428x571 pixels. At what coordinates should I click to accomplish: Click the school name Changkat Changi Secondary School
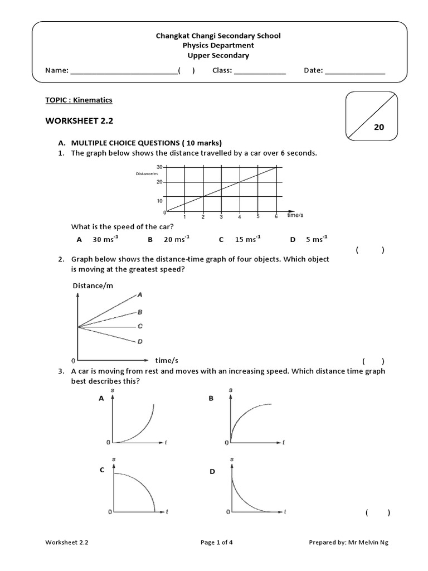coord(218,36)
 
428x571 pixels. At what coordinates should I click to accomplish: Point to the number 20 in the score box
coord(379,127)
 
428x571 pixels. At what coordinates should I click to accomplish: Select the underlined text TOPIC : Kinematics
coord(79,100)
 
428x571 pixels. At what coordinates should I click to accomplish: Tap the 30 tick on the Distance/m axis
coord(159,167)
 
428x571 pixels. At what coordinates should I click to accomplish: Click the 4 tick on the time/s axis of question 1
coord(240,216)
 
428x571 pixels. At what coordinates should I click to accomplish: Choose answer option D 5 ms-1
coord(309,239)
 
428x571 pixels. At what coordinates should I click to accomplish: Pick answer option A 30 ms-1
coord(98,239)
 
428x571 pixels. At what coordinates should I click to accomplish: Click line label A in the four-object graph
coord(139,294)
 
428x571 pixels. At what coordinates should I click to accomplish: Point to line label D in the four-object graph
coord(140,341)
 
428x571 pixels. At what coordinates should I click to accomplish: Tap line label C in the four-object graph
coord(140,326)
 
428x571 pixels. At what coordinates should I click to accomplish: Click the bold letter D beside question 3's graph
coord(212,472)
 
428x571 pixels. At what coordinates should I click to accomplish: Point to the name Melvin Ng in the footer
coord(377,542)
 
